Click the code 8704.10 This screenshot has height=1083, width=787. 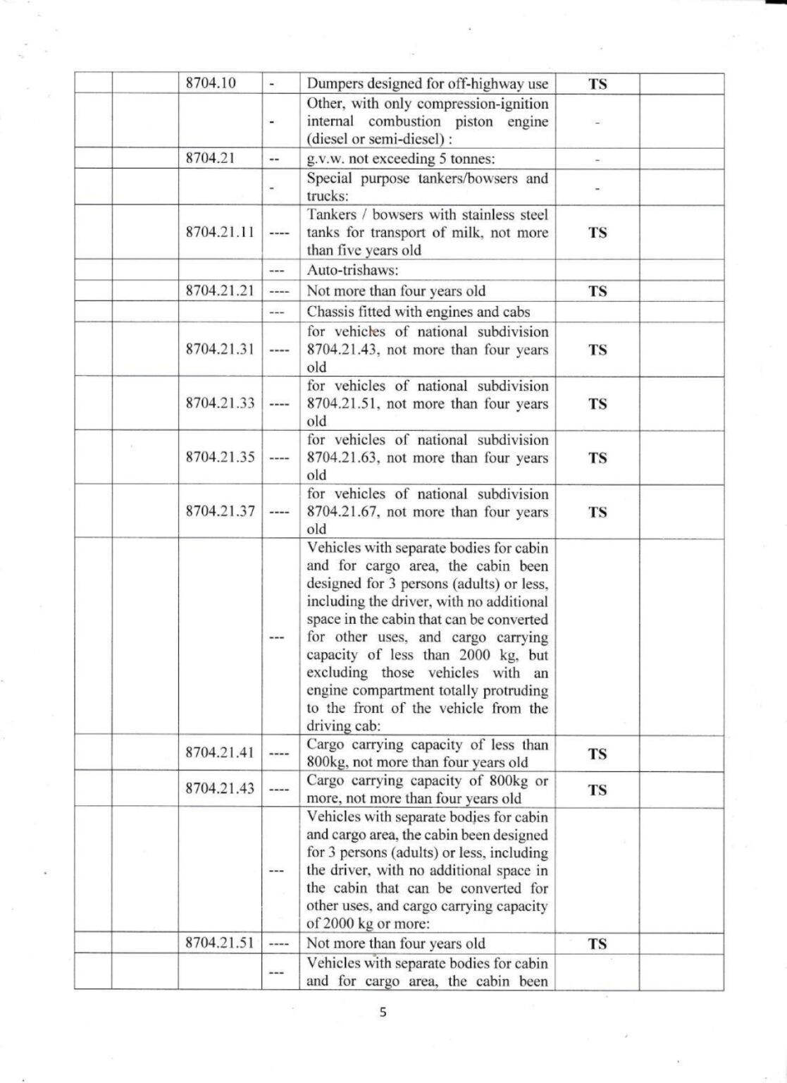pos(210,83)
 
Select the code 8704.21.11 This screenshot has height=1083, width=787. pos(219,233)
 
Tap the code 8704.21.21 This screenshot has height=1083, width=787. pos(219,290)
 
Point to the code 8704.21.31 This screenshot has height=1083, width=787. pos(219,350)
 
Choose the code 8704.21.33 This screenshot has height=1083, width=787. pos(219,403)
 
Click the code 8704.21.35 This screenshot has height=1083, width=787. pos(219,457)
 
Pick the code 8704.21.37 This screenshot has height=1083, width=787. pos(219,511)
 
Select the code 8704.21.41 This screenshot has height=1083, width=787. pos(219,752)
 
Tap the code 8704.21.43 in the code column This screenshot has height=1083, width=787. pos(219,788)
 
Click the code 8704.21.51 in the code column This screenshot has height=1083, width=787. pos(219,943)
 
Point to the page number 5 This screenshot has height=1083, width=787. pos(383,1013)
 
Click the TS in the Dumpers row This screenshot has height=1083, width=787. pos(597,85)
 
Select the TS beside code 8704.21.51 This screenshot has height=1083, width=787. pos(597,944)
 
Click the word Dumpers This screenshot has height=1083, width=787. pos(334,84)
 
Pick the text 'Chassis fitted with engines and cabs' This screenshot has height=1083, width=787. pos(418,312)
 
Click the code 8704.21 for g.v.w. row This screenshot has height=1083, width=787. pos(210,159)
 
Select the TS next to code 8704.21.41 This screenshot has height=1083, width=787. pos(597,754)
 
